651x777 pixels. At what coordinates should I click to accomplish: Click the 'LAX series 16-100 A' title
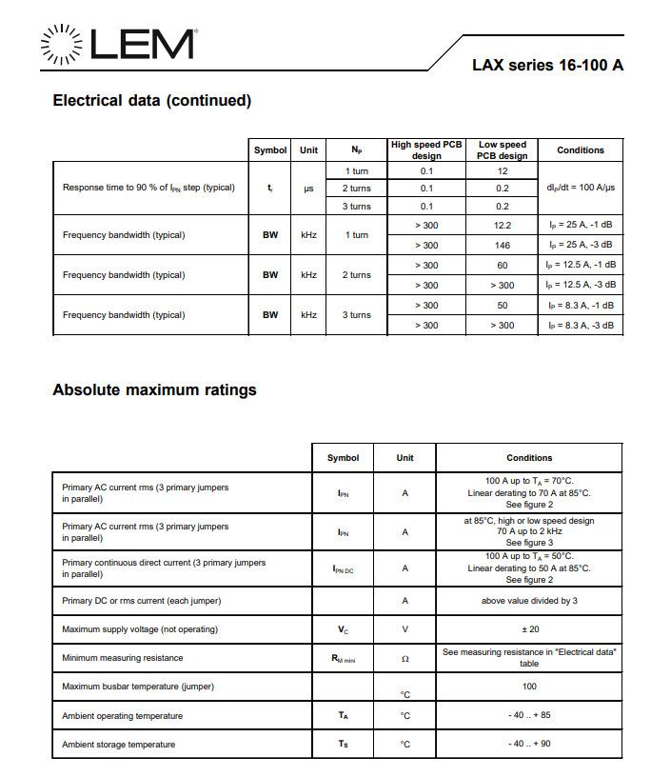(x=547, y=65)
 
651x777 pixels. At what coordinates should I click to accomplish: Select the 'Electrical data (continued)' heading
(x=151, y=101)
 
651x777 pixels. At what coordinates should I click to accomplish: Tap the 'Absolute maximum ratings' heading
(x=154, y=389)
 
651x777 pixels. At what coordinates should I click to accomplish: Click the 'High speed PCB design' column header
(x=426, y=149)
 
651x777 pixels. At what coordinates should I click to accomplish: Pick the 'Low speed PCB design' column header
(x=502, y=149)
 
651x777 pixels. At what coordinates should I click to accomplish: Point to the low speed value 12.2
(x=503, y=226)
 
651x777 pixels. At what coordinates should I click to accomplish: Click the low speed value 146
(x=503, y=246)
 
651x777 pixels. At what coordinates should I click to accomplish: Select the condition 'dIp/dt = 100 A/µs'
(x=580, y=188)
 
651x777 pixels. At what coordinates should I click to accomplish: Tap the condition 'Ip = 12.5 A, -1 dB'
(x=580, y=266)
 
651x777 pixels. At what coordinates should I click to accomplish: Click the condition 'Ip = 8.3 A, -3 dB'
(x=580, y=326)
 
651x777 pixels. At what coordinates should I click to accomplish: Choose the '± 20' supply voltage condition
(x=529, y=629)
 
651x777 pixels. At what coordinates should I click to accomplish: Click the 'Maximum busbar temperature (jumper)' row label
(x=138, y=687)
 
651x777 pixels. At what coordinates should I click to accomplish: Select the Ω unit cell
(x=404, y=659)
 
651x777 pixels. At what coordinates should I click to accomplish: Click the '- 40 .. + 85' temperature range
(x=529, y=716)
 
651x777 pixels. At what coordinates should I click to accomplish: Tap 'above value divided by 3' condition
(x=529, y=601)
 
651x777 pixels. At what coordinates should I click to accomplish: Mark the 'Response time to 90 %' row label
(x=148, y=188)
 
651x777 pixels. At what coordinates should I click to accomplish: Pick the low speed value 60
(x=503, y=266)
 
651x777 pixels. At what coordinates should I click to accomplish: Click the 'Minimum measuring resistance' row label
(x=122, y=658)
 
